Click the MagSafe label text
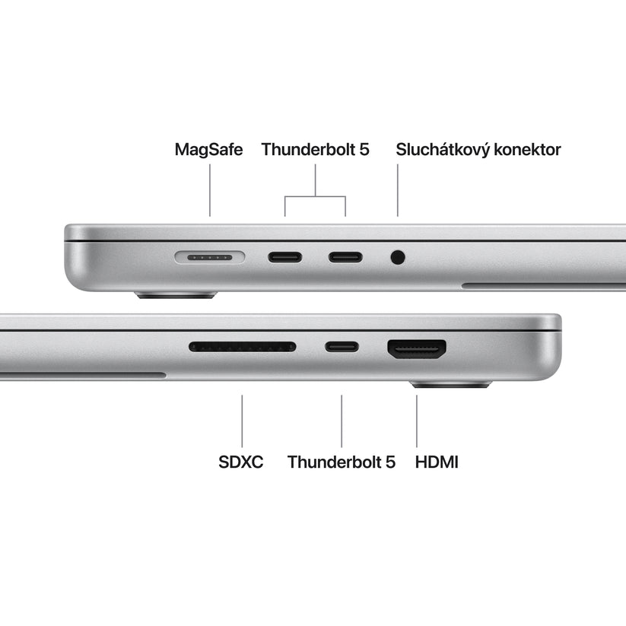pos(208,149)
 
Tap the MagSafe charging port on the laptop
pos(210,257)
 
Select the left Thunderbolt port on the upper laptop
pos(284,257)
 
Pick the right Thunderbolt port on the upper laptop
pos(345,257)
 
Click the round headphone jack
pos(397,257)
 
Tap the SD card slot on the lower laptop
pos(242,347)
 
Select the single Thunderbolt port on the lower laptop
pos(342,348)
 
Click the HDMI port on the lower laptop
pos(417,349)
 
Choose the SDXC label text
pos(240,462)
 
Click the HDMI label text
pos(437,462)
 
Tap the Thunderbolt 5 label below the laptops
pos(342,462)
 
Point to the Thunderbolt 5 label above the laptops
pos(315,149)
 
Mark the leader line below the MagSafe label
pos(210,192)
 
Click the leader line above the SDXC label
pos(242,420)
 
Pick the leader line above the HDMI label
pos(417,420)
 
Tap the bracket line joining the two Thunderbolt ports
pos(315,197)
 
